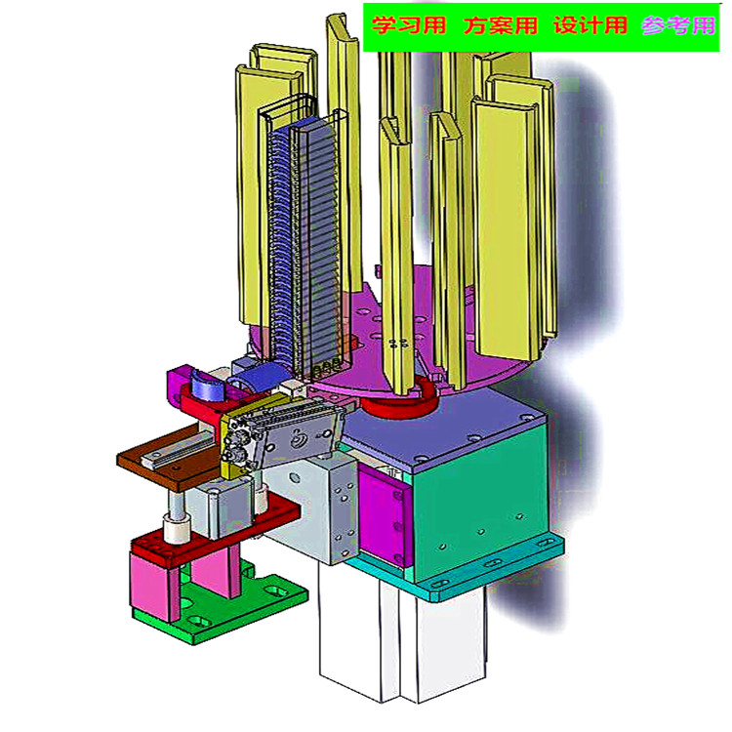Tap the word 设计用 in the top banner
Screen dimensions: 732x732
(590, 25)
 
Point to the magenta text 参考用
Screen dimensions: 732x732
(677, 25)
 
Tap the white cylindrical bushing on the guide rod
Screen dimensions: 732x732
(178, 530)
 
